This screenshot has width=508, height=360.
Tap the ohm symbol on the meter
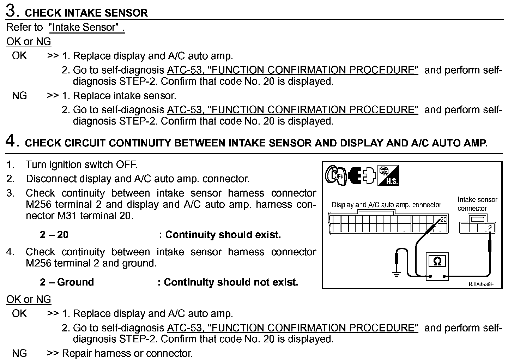pos(437,262)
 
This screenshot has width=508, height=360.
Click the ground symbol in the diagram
pos(397,274)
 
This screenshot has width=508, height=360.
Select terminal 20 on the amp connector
pos(443,220)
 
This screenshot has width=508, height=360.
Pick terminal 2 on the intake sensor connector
pos(490,228)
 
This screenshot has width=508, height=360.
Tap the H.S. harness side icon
pos(388,175)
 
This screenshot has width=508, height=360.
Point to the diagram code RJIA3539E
pos(481,284)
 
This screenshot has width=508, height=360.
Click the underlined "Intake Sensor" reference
pos(86,27)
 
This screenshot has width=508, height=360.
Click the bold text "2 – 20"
pos(54,235)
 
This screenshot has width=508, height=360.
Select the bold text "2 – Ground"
pos(67,282)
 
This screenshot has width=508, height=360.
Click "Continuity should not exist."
pos(231,282)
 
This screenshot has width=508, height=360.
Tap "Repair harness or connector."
pos(127,353)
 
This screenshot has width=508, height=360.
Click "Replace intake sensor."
pos(125,96)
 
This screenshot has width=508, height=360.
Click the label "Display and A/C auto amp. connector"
pos(386,205)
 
